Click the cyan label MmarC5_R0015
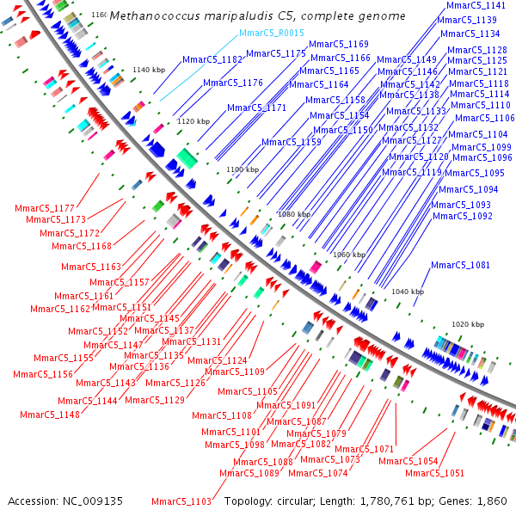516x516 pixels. [271, 33]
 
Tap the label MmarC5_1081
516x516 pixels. [460, 265]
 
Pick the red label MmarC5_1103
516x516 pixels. [181, 501]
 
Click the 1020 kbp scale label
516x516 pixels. [467, 324]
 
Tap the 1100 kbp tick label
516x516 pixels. [242, 170]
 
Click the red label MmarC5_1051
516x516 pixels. [434, 473]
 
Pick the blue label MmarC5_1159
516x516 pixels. [292, 143]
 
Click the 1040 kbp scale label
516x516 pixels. [408, 292]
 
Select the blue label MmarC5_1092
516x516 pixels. [463, 216]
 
